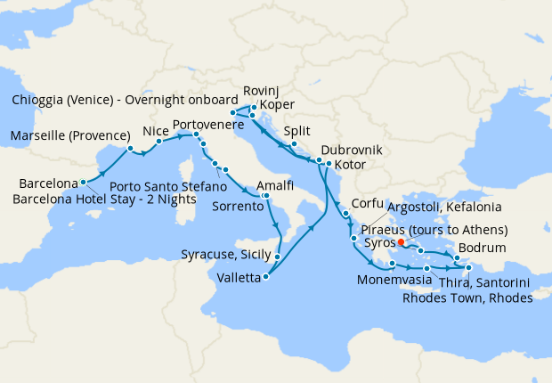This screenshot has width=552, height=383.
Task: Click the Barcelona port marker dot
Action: [83, 182]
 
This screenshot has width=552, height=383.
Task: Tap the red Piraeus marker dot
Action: [401, 241]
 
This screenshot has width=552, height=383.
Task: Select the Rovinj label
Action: [259, 90]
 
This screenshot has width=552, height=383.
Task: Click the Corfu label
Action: [368, 202]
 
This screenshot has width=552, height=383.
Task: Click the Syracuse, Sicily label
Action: [226, 255]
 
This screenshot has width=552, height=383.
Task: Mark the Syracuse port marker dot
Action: [278, 257]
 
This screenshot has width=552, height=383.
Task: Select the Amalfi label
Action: [274, 184]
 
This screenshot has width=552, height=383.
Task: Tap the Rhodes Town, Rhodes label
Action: [467, 297]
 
